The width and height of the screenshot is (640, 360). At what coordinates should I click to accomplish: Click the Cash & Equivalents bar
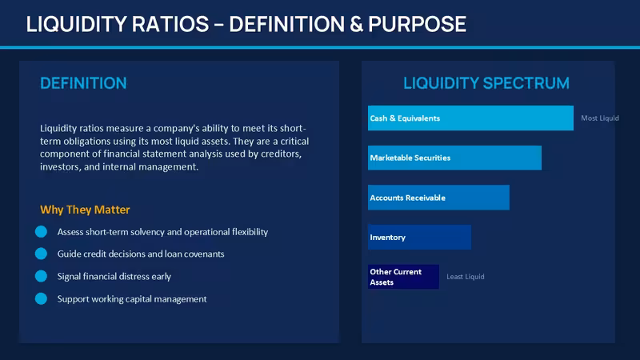[x=470, y=118]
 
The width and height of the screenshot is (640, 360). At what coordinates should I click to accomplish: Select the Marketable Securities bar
[x=454, y=158]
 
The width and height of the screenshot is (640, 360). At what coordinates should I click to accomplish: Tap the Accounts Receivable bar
[x=438, y=198]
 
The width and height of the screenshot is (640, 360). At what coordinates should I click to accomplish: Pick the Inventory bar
[x=419, y=237]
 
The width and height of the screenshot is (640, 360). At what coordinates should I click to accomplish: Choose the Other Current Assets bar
[x=403, y=277]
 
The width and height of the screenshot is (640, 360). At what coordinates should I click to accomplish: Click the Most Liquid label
[x=599, y=118]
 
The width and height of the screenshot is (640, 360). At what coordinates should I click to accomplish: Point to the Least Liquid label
[x=466, y=276]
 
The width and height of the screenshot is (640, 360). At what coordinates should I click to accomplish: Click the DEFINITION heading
[x=83, y=83]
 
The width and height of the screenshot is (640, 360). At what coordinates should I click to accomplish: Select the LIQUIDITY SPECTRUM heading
[x=486, y=83]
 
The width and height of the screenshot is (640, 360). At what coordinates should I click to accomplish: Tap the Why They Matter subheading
[x=85, y=210]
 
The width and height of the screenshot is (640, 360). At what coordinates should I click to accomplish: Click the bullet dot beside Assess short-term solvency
[x=41, y=231]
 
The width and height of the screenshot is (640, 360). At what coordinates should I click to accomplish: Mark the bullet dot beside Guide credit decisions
[x=41, y=254]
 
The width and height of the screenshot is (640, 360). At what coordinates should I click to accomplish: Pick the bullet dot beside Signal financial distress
[x=41, y=276]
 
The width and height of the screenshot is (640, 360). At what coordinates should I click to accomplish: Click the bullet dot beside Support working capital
[x=41, y=298]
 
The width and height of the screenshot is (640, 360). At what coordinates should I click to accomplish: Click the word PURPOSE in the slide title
[x=417, y=24]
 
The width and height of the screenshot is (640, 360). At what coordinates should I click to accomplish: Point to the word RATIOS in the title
[x=170, y=24]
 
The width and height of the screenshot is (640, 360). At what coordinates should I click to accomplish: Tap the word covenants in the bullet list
[x=204, y=254]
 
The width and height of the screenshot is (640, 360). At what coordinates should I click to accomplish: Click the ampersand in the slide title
[x=356, y=24]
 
